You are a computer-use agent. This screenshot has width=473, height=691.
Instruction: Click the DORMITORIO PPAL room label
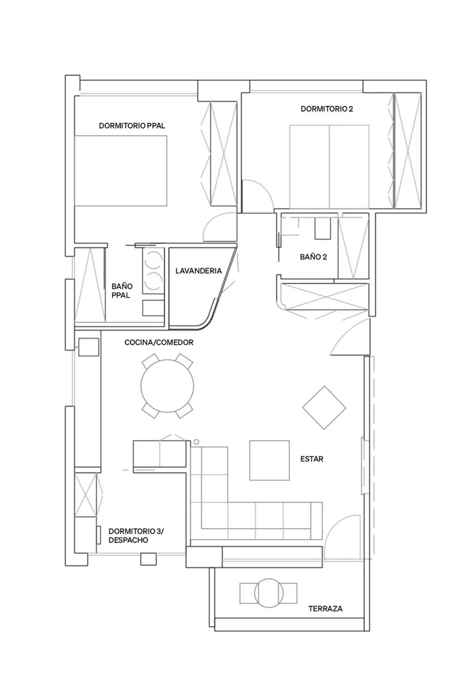(x=132, y=126)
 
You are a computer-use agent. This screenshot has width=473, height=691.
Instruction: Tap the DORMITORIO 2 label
(x=327, y=109)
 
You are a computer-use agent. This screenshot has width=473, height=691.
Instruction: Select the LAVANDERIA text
(x=198, y=271)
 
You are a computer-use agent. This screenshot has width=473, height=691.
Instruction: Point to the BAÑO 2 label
(x=313, y=256)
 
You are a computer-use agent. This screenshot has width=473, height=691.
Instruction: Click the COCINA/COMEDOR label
(x=159, y=342)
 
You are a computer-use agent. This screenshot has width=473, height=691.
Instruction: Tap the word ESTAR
(x=312, y=459)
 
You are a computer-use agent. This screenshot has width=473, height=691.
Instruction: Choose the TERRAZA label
(x=325, y=608)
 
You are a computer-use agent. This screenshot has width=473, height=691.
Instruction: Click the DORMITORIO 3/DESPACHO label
(x=136, y=535)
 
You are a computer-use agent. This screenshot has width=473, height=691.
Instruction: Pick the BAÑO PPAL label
(x=122, y=291)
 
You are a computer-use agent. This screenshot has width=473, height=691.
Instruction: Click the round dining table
(x=167, y=386)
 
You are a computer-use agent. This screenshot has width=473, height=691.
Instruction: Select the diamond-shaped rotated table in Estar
(x=324, y=408)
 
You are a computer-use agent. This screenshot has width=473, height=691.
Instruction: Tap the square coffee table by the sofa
(x=269, y=460)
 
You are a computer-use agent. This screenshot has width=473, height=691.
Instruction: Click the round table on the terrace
(x=268, y=593)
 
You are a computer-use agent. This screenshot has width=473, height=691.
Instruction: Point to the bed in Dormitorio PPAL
(x=121, y=170)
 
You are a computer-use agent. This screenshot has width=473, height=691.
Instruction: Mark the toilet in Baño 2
(x=323, y=229)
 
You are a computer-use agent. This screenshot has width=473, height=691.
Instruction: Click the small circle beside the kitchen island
(x=196, y=442)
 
